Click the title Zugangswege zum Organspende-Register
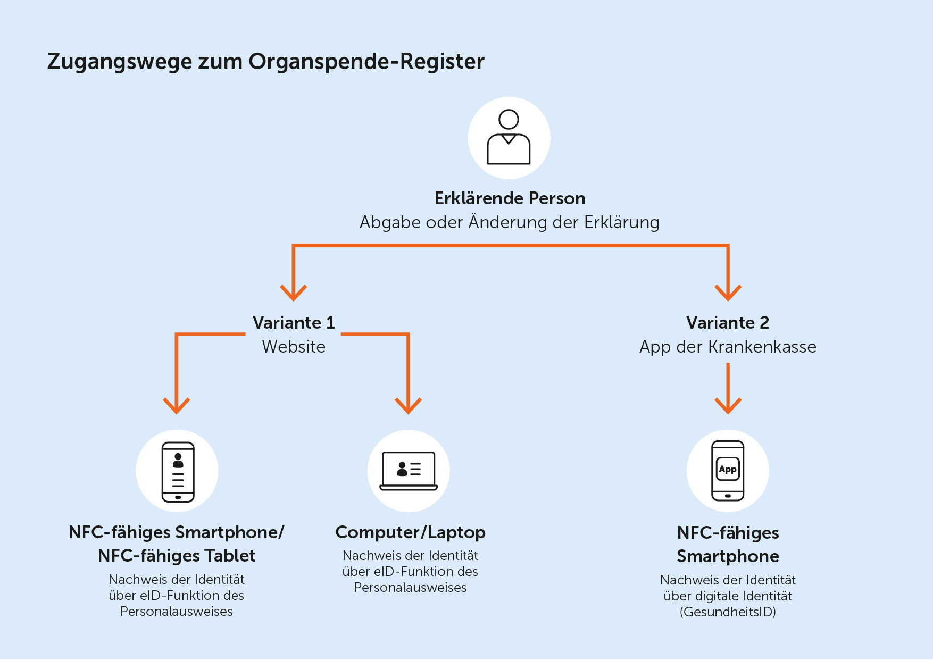tap(266, 62)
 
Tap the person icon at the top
tap(509, 137)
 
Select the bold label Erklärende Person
tap(510, 198)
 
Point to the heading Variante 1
tap(294, 323)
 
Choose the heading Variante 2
tap(728, 323)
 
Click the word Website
tap(294, 347)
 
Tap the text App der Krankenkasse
tap(728, 347)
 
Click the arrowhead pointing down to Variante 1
tap(294, 293)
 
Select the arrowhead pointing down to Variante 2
tap(728, 293)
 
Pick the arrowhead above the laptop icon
tap(408, 406)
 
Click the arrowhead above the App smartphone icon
tap(728, 406)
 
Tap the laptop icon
tap(409, 471)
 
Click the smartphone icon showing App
tap(728, 471)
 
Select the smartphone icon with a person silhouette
tap(178, 472)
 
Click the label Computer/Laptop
tap(410, 532)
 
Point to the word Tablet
tap(230, 556)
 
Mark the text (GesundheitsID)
tap(728, 612)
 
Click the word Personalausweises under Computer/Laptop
tap(410, 588)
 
